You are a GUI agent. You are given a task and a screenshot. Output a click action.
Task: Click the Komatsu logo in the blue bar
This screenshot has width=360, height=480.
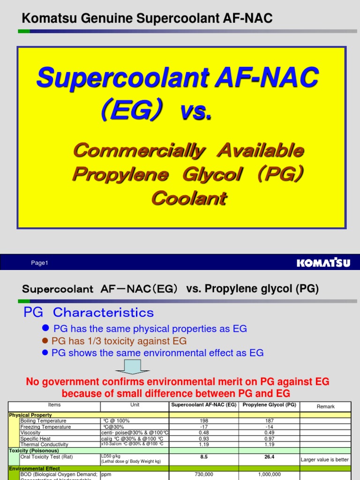323,262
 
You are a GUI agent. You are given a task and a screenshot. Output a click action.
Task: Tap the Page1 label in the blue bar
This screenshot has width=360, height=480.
40,263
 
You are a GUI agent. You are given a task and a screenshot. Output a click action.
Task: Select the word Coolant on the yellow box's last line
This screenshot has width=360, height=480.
189,198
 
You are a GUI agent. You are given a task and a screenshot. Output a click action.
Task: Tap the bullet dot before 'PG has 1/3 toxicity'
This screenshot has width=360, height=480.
45,341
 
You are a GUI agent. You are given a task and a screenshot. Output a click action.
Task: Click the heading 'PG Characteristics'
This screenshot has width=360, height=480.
89,313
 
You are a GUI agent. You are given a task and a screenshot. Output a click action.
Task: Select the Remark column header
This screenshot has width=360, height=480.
325,406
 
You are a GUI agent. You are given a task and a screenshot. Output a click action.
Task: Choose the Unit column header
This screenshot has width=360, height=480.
135,405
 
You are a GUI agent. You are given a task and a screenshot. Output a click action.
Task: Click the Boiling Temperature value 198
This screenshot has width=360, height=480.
203,421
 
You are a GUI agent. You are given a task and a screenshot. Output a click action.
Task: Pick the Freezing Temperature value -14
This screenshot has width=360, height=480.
269,427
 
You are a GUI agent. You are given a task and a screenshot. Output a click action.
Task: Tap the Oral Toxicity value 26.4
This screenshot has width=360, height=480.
269,457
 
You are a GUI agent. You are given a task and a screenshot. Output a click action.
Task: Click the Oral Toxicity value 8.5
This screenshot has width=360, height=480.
203,457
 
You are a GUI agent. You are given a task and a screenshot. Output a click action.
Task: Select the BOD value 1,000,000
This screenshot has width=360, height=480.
269,474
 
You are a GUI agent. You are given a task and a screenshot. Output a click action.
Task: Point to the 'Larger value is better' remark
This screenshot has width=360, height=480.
325,460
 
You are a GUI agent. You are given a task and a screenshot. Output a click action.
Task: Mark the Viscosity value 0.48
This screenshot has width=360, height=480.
203,433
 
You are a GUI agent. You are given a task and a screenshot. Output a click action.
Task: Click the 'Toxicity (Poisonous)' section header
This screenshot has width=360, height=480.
34,450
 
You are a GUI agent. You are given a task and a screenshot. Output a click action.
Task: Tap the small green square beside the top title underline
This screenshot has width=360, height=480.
24,31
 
